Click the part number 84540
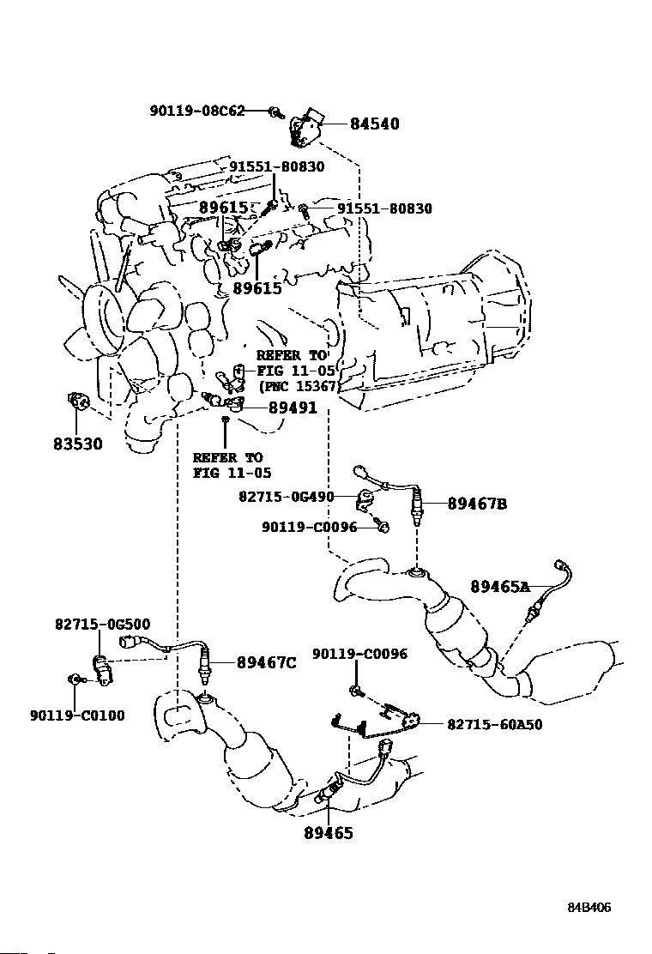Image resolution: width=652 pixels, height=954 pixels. click(374, 124)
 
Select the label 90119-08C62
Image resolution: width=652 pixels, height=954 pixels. click(196, 111)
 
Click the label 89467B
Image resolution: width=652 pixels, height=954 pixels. click(477, 504)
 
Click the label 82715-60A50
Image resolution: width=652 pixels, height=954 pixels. click(494, 724)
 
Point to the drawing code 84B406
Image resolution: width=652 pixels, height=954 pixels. click(588, 907)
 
